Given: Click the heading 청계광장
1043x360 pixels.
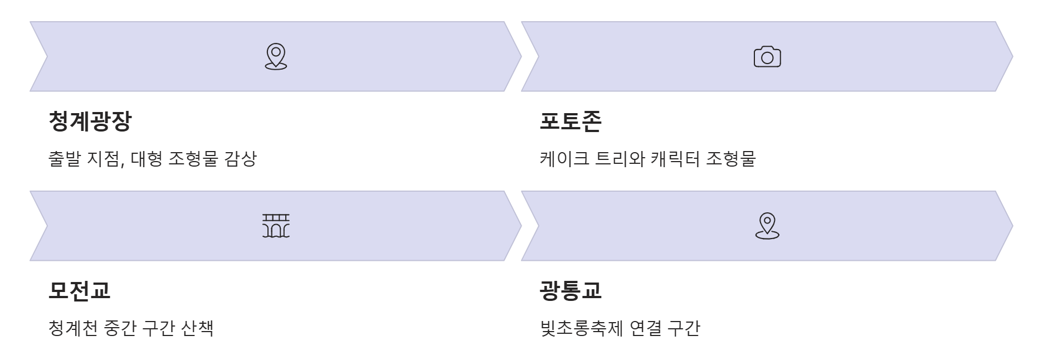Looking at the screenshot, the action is (x=90, y=121).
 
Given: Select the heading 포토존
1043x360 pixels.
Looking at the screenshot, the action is (x=571, y=121).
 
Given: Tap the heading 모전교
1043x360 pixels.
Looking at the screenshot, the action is (x=80, y=290).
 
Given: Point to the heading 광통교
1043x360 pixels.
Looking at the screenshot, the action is (x=571, y=290).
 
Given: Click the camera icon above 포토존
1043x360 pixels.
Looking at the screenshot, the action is (x=767, y=57).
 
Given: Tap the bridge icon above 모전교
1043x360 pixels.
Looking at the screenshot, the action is (x=276, y=226).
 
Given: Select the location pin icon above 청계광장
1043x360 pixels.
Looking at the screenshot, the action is (x=276, y=57).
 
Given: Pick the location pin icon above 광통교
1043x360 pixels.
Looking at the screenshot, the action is (x=767, y=226).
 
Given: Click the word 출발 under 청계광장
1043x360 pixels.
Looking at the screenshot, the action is (x=65, y=159).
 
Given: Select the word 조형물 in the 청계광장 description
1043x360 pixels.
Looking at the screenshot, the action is (x=193, y=159).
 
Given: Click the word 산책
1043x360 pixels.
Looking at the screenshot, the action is (x=197, y=328).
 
